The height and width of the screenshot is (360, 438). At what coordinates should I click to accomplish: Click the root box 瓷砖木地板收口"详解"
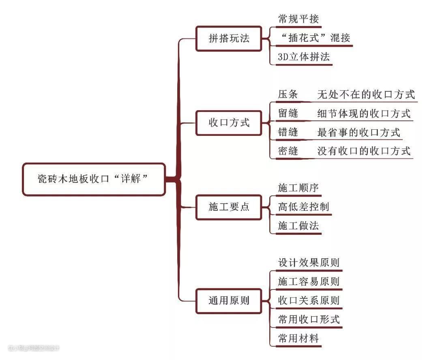(x=94, y=179)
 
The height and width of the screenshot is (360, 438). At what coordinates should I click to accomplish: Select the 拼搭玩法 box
(x=229, y=39)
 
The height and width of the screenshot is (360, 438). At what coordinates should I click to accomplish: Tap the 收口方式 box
(x=229, y=122)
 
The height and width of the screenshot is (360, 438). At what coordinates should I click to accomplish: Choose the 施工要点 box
(x=229, y=207)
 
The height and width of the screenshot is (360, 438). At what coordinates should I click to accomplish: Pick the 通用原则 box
(x=229, y=301)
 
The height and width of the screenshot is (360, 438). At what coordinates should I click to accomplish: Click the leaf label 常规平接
(x=298, y=19)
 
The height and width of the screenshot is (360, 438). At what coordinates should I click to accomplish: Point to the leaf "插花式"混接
(x=314, y=38)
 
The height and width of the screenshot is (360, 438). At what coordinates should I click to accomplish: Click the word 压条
(x=288, y=94)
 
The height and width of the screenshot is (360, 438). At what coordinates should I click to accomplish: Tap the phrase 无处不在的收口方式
(x=366, y=94)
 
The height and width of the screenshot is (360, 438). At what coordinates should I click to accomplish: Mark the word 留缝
(x=288, y=114)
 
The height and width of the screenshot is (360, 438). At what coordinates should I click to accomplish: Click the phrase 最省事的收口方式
(x=359, y=132)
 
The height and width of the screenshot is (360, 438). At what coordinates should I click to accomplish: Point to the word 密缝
(x=288, y=151)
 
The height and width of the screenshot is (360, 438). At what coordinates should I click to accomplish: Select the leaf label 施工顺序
(x=298, y=188)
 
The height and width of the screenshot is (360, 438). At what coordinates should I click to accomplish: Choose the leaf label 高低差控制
(x=303, y=207)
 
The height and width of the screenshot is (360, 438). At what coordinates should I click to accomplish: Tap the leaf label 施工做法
(x=298, y=226)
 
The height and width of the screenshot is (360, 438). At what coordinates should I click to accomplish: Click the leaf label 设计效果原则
(x=309, y=263)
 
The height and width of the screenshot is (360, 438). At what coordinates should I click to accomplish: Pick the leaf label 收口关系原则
(x=309, y=300)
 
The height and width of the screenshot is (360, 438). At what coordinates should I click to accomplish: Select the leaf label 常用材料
(x=298, y=338)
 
